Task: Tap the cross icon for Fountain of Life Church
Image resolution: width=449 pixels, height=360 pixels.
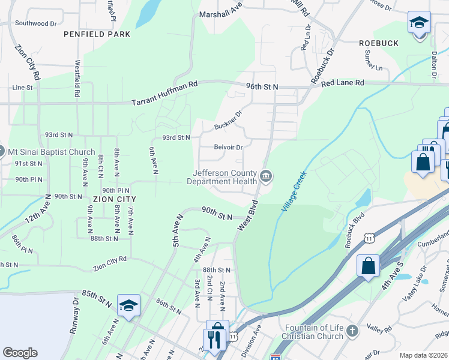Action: tap(352, 331)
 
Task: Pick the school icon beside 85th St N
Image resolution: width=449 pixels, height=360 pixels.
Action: tap(128, 305)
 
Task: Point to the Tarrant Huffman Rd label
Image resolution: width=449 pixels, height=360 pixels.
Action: tap(164, 94)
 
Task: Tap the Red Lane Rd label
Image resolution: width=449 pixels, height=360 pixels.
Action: tap(343, 82)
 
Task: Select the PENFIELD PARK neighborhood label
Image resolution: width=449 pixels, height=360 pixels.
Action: tap(97, 34)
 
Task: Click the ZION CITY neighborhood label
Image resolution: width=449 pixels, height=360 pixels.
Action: tap(115, 198)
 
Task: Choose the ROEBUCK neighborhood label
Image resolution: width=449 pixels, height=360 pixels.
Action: tap(378, 43)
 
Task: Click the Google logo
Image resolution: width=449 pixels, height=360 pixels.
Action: tap(20, 353)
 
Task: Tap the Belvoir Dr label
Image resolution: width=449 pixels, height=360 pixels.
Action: tap(228, 147)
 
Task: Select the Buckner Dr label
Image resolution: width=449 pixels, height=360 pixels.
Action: tap(228, 121)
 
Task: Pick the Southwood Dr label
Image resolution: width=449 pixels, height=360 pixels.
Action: tap(35, 23)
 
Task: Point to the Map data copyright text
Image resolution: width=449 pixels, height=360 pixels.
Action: tap(423, 355)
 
